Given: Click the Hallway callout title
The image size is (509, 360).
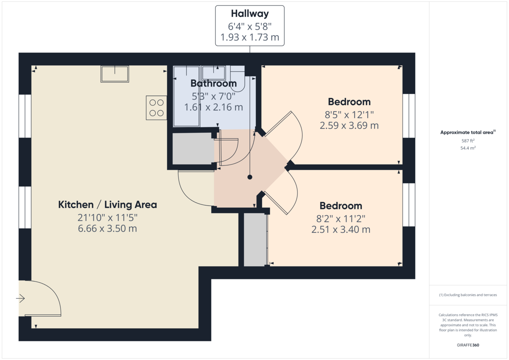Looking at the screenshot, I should (x=249, y=14).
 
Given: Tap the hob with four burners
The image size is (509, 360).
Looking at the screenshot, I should (x=156, y=107).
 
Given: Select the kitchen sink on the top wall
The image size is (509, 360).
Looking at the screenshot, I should (x=115, y=74).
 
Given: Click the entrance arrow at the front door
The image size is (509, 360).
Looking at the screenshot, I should (x=20, y=299).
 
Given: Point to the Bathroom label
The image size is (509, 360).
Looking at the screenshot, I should (x=213, y=83).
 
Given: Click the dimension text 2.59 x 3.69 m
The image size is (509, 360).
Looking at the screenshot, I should (x=349, y=126).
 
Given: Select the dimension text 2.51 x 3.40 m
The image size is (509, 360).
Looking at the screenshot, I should (x=341, y=229).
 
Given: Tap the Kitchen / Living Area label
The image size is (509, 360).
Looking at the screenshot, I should (x=107, y=205).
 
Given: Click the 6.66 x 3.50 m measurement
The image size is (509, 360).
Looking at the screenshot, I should (x=107, y=229).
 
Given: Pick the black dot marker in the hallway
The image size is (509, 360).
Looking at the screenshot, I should (x=250, y=177).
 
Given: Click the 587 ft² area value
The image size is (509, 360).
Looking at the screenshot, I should (x=468, y=140).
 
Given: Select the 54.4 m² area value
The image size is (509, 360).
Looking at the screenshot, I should (x=468, y=148).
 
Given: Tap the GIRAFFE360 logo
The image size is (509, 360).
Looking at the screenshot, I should (x=468, y=345).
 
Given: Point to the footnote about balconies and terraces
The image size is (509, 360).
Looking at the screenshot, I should (x=468, y=295).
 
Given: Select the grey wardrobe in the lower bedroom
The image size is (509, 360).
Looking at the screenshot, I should (x=255, y=239).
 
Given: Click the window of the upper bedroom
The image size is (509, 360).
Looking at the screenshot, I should (x=408, y=116).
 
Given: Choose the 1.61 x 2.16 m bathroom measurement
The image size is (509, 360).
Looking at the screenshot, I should (x=213, y=107).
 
